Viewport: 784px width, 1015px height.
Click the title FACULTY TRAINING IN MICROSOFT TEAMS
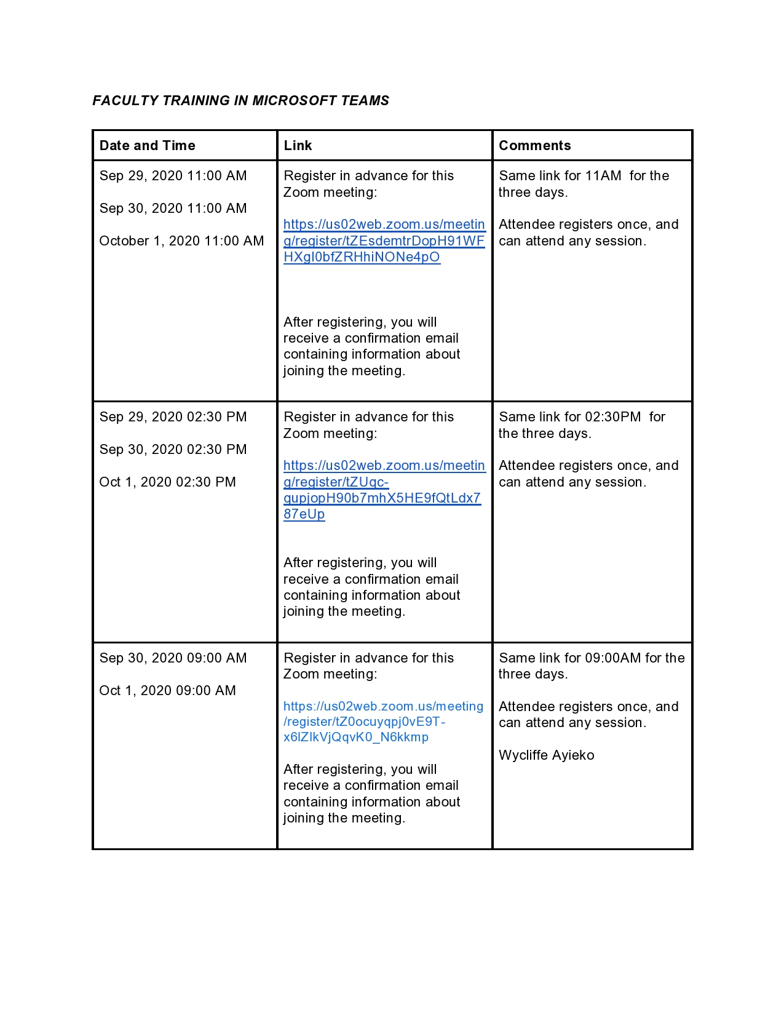point(240,100)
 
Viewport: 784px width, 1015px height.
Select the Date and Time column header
point(147,146)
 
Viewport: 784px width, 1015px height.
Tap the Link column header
point(298,146)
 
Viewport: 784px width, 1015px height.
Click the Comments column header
point(534,146)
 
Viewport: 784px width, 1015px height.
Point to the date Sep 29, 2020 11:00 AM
point(173,176)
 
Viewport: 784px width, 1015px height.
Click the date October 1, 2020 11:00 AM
point(181,241)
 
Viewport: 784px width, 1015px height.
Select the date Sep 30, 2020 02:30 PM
point(173,450)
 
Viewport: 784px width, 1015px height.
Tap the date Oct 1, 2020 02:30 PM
point(167,482)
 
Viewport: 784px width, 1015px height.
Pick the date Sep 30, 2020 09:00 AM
point(173,658)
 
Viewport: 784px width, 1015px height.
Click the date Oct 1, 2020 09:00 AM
point(167,691)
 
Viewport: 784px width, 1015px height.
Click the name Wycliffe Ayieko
point(546,755)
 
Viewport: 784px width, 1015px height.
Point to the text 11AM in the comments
point(603,176)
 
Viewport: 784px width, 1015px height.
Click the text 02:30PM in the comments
point(612,417)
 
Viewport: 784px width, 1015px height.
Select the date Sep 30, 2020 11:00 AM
point(173,209)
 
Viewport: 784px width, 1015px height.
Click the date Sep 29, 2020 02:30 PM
point(173,417)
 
